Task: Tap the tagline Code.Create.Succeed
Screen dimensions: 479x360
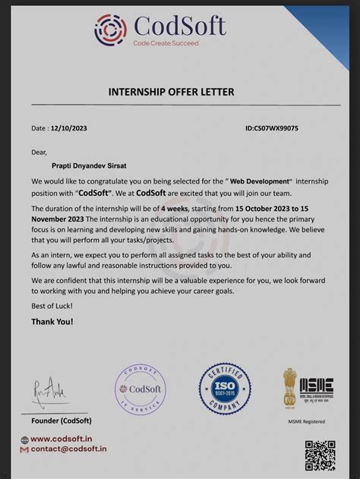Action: coord(166,43)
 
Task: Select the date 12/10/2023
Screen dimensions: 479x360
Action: coord(68,128)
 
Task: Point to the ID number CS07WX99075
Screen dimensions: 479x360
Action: coord(272,128)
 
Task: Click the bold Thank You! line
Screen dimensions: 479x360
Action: coord(52,322)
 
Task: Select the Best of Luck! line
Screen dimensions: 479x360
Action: coord(52,306)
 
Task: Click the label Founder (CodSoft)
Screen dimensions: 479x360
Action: coord(62,421)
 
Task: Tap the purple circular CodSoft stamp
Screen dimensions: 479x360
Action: coord(140,389)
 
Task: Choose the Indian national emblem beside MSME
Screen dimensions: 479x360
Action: coord(290,386)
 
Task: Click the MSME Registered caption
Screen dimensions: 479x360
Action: coord(306,421)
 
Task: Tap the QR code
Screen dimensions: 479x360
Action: coord(320,454)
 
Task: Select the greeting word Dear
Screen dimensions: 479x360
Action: coord(39,152)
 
